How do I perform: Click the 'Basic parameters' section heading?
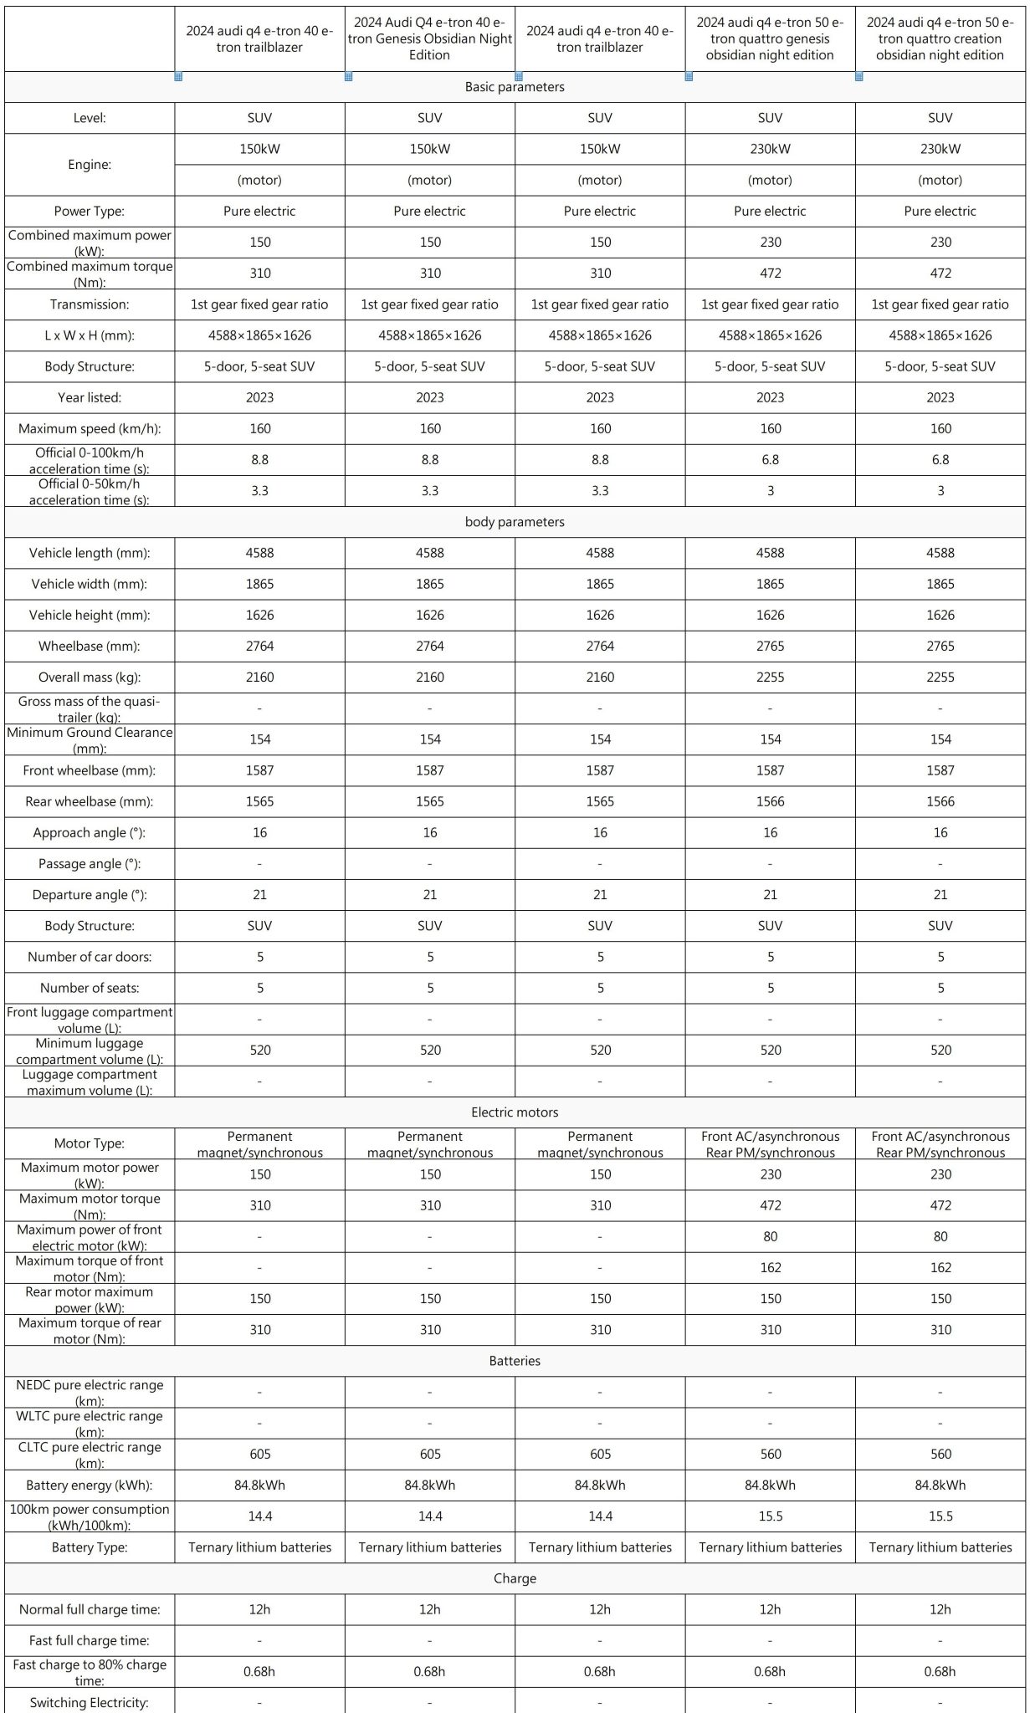515,87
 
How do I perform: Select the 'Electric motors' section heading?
515,1112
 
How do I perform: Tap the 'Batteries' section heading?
515,1361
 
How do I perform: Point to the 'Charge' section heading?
515,1578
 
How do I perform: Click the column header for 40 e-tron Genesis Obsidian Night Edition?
430,39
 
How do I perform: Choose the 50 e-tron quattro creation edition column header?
940,39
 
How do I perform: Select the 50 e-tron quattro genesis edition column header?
770,39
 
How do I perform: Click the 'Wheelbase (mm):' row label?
90,647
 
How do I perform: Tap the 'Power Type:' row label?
90,212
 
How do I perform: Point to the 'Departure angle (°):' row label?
90,895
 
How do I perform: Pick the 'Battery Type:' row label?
90,1547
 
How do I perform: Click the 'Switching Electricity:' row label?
90,1702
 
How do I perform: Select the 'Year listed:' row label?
90,398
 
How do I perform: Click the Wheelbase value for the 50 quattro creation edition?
940,647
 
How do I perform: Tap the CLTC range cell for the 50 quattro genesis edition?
771,1455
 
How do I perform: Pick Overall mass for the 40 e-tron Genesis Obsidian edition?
430,678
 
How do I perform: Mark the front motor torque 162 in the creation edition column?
940,1268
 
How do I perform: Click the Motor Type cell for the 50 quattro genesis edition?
771,1144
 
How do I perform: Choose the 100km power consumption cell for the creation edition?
940,1516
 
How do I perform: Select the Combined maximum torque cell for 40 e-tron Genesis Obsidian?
430,274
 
